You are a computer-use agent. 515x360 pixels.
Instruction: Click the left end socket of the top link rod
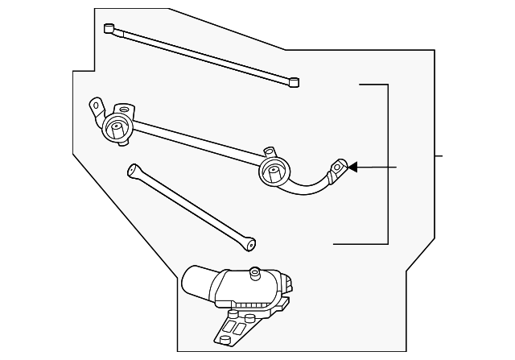(x=109, y=27)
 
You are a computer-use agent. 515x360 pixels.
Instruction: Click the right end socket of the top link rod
(x=295, y=81)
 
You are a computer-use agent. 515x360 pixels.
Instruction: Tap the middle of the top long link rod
(x=201, y=54)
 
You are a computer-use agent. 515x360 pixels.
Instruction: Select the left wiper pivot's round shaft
(x=117, y=126)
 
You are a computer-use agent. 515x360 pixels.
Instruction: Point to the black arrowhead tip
(x=349, y=168)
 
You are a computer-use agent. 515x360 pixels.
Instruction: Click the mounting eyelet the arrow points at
(x=339, y=168)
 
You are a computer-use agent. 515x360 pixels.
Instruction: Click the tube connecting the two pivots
(x=193, y=137)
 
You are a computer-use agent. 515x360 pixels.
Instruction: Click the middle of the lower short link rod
(x=192, y=205)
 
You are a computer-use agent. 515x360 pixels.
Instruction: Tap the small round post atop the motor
(x=255, y=272)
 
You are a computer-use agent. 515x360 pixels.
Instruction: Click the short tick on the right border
(x=439, y=155)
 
